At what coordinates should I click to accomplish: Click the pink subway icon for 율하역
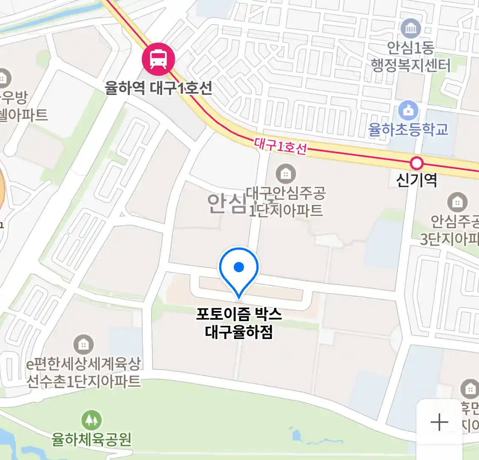158,59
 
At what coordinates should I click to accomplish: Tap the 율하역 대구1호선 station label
158,89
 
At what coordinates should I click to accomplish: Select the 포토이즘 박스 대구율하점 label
239,323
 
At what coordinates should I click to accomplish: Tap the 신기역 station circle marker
416,163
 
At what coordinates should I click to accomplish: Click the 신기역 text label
416,180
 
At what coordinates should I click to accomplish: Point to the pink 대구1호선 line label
280,146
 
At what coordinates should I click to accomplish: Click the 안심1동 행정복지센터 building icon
411,29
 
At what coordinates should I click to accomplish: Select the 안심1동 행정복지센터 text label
410,56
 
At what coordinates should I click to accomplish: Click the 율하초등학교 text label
408,129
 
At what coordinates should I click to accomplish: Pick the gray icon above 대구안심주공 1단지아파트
286,174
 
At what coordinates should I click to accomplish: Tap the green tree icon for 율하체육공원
92,420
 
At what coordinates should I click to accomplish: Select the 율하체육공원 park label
92,439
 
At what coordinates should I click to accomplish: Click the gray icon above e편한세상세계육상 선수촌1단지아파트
83,344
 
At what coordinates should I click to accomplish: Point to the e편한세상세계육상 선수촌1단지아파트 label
83,372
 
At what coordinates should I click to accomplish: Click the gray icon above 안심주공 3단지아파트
457,202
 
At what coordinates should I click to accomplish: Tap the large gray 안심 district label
227,204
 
